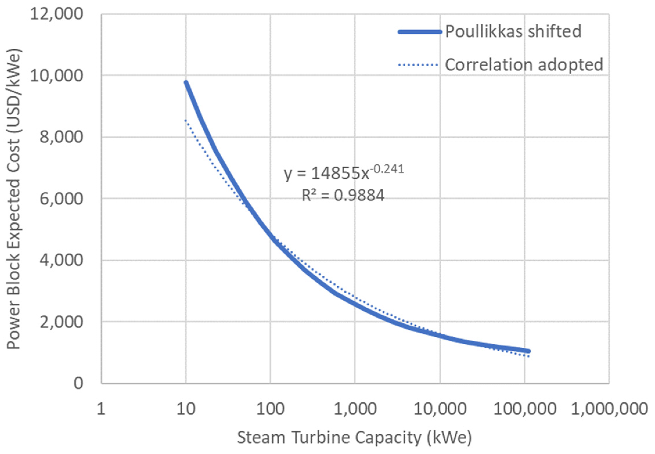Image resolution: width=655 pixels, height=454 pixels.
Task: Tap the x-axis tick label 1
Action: coord(101,409)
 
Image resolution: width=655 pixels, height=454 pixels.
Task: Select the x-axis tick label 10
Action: coord(186,409)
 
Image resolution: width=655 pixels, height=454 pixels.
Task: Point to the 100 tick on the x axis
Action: coord(271,409)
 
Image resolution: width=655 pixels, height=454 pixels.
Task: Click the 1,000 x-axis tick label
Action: coord(355,409)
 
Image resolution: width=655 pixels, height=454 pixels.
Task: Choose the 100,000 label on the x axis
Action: coord(525,409)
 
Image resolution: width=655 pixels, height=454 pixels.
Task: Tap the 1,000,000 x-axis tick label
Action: coord(610,409)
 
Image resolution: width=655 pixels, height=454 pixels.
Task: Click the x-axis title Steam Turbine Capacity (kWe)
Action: coord(355,438)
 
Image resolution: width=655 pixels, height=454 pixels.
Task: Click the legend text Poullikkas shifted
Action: coord(513,32)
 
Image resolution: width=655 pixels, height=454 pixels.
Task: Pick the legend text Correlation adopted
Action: coord(524,65)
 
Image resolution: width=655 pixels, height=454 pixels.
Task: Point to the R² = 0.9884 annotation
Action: coord(343,195)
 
